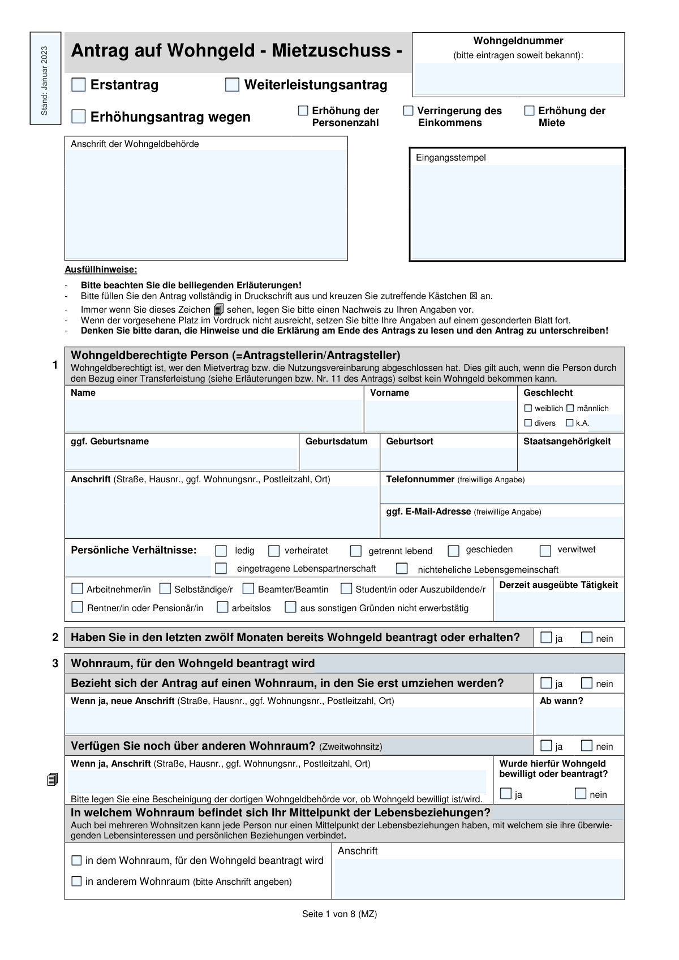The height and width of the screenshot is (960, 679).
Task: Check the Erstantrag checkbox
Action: pos(79,85)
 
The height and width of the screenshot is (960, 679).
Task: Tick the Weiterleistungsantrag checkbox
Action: pos(232,85)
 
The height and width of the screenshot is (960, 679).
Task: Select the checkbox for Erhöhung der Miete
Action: pos(529,111)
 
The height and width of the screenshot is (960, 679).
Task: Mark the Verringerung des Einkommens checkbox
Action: pos(408,111)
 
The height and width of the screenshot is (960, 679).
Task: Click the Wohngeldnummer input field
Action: pos(518,79)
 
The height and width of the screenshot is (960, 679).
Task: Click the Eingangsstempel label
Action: pos(450,158)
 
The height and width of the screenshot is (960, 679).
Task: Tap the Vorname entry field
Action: pos(441,416)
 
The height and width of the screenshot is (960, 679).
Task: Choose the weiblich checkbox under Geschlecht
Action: pos(528,408)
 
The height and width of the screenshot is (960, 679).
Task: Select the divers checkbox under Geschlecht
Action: pos(528,423)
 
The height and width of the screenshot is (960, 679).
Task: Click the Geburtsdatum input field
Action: pos(339,459)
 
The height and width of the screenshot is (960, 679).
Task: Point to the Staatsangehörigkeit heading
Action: pos(566,442)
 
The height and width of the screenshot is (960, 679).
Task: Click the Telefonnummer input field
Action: pos(501,494)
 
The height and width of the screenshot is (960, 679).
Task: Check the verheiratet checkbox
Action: pos(274,551)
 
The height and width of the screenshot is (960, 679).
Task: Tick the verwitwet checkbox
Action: pos(545,551)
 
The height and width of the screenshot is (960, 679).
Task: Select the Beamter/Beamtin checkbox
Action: pos(248,589)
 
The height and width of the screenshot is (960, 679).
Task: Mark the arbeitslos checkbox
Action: pos(222,607)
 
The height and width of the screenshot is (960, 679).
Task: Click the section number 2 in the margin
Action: pos(55,638)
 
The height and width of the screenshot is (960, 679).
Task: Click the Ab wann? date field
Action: pos(579,721)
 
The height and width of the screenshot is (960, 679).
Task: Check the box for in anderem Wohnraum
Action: pos(76,881)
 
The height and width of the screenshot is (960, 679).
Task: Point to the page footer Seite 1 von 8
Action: pos(339,914)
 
